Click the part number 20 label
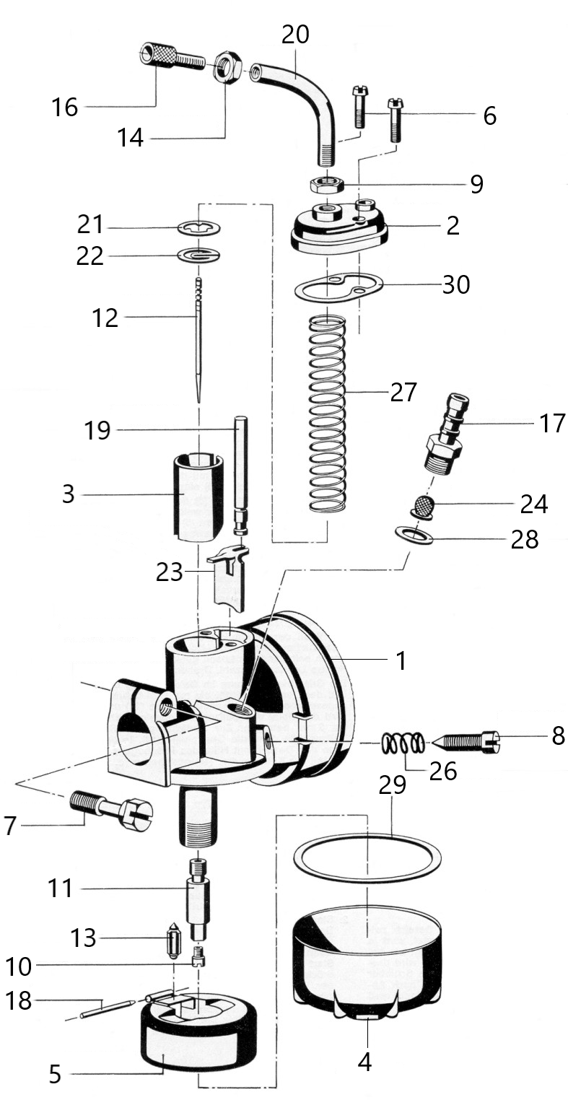[295, 35]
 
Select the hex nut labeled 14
[227, 66]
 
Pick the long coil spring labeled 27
[327, 414]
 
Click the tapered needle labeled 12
[198, 341]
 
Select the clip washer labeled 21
[199, 228]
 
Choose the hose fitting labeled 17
[444, 434]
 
